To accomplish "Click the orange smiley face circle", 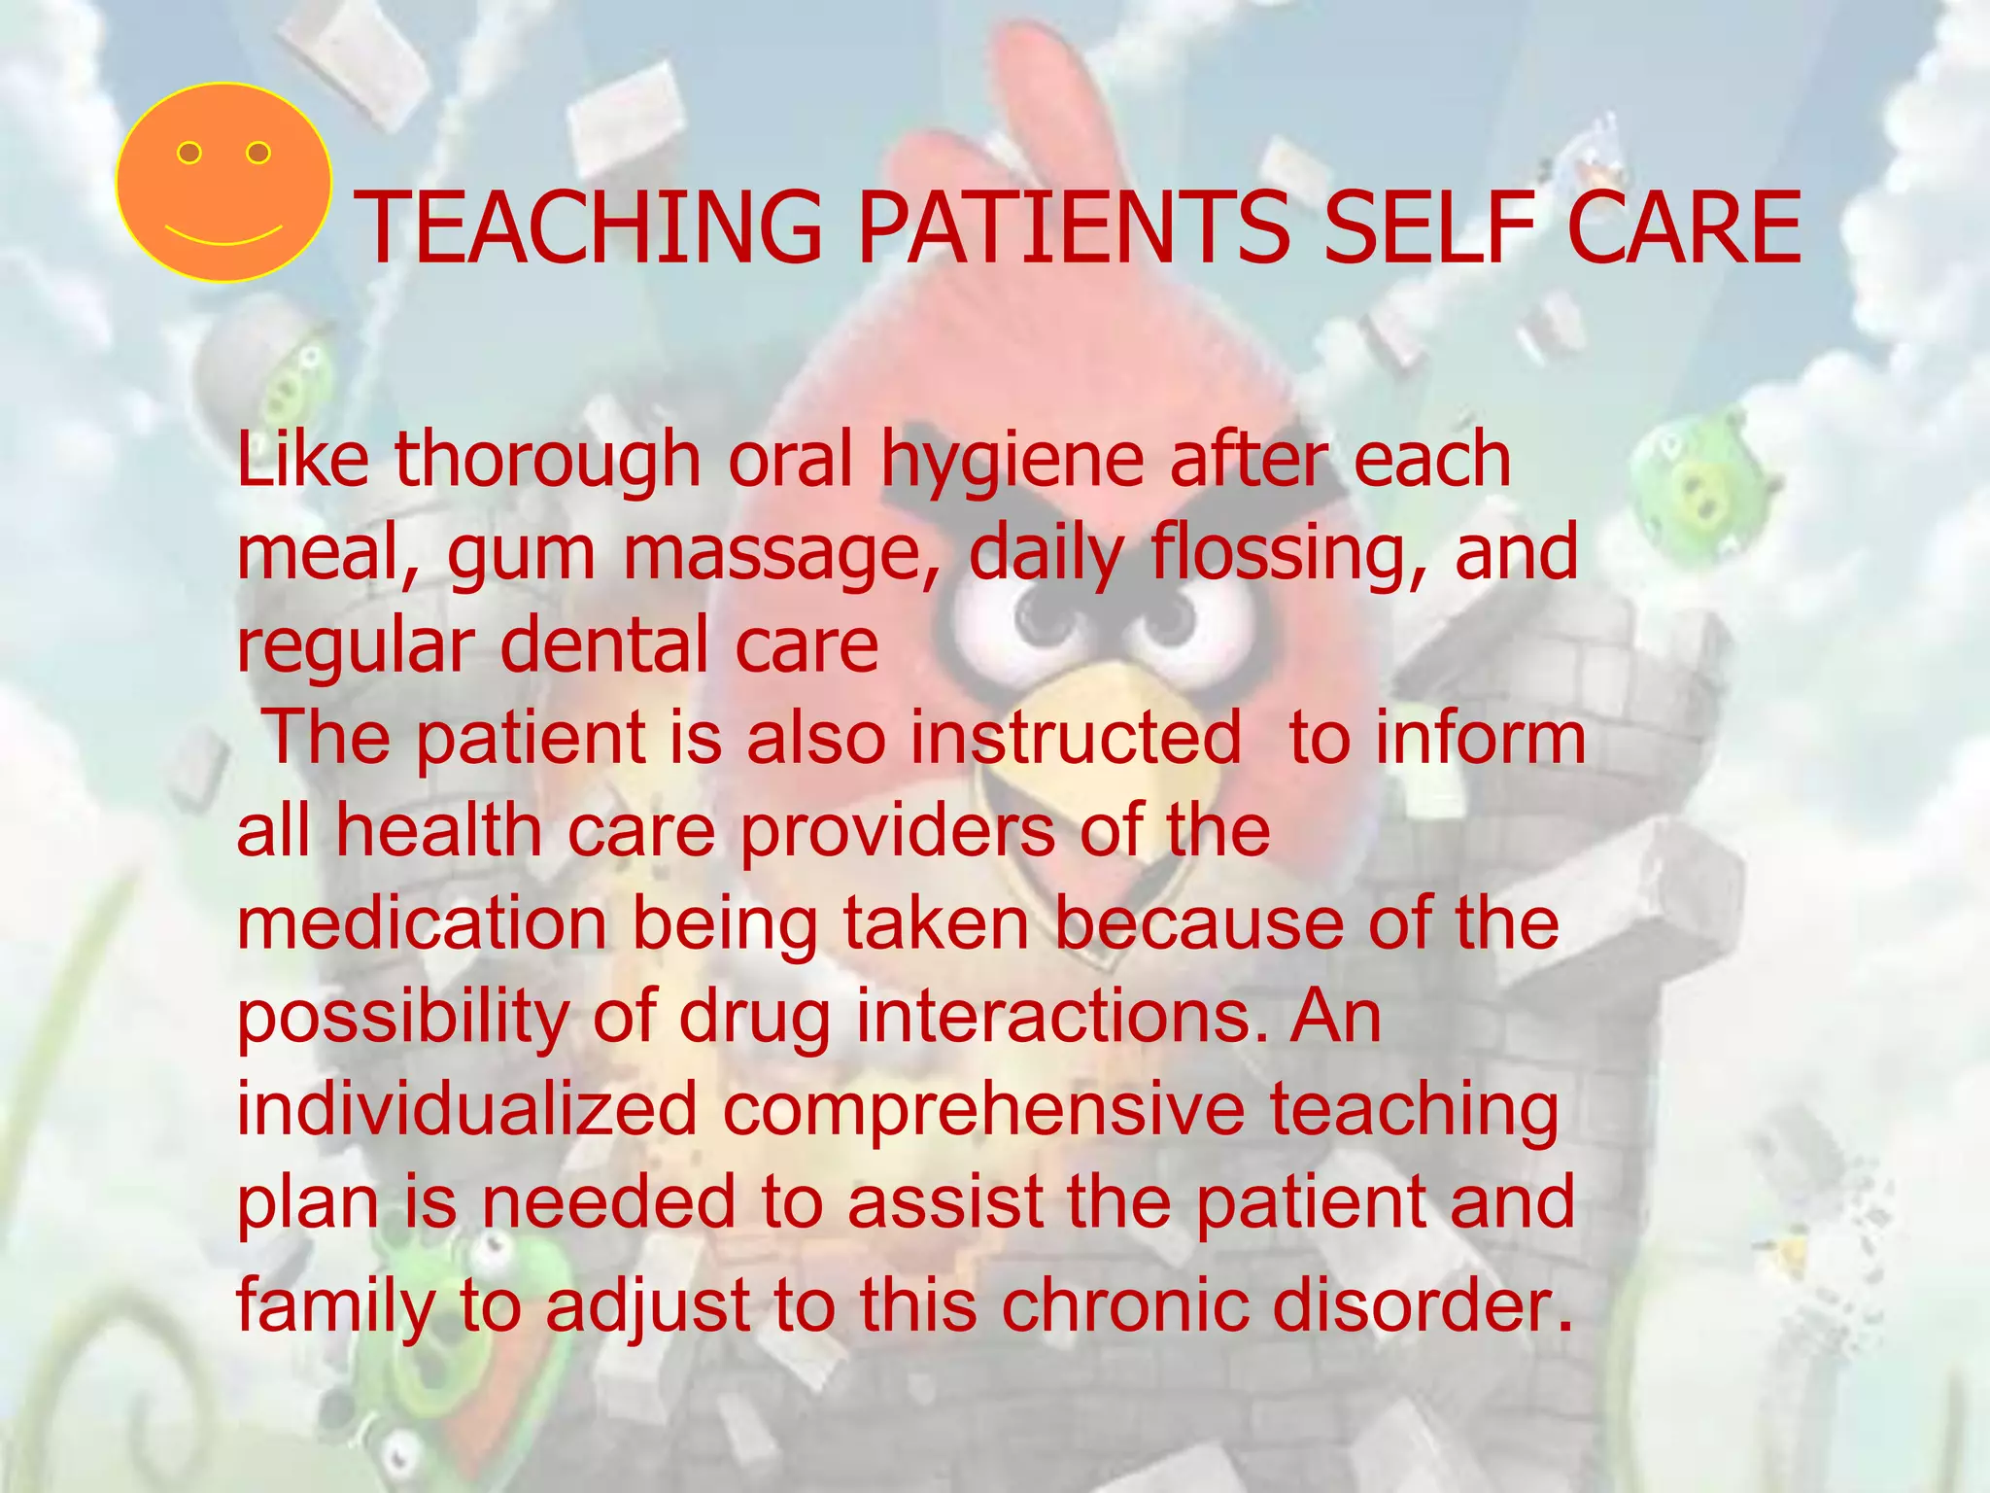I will point(223,183).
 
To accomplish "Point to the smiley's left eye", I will point(189,153).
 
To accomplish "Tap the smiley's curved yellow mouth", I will point(223,235).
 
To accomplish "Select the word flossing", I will point(1288,552).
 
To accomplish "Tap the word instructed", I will point(1075,737).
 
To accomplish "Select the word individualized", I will point(466,1108).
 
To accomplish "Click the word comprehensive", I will point(982,1108).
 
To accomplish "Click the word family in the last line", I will point(335,1307).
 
